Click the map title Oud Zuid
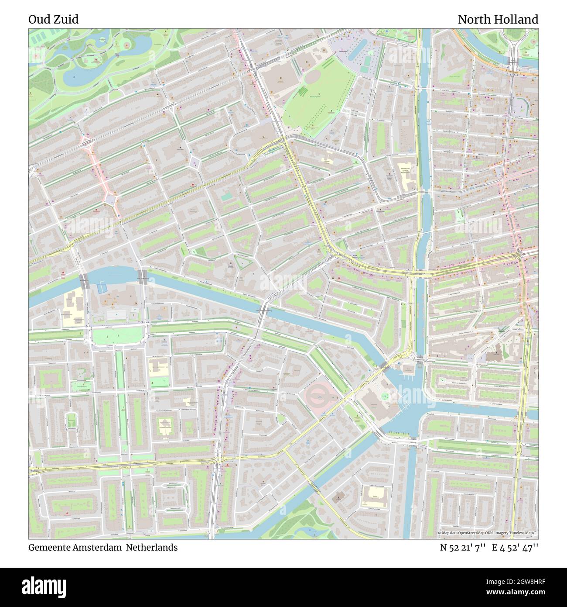point(53,20)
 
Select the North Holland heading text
point(498,20)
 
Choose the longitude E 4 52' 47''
point(515,548)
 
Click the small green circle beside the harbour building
point(384,397)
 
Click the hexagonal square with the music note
point(195,163)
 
